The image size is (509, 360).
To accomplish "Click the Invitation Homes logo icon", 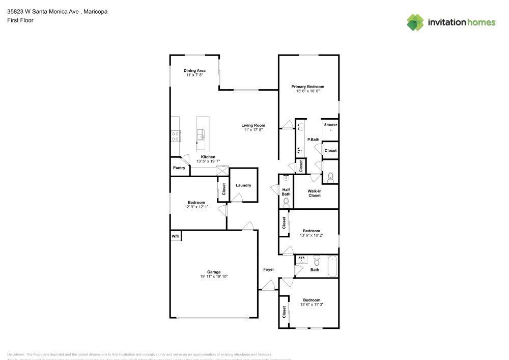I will (x=415, y=22).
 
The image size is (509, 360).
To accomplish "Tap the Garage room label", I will (x=214, y=272).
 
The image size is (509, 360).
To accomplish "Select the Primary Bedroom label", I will (x=307, y=87).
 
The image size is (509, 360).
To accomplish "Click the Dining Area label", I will (x=194, y=70).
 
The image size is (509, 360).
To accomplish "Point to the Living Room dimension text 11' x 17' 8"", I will (x=253, y=130).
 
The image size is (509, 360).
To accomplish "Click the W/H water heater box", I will (x=175, y=236).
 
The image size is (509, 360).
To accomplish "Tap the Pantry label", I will (x=179, y=168).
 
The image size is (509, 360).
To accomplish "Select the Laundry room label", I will (x=243, y=185).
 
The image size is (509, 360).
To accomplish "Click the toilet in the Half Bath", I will (x=286, y=202).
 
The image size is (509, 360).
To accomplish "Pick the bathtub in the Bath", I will (x=332, y=266).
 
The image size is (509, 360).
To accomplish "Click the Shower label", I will (x=330, y=125).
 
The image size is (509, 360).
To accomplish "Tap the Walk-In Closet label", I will (x=315, y=193).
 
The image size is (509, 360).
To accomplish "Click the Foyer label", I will (x=268, y=269).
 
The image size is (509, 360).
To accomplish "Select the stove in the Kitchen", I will (x=176, y=136).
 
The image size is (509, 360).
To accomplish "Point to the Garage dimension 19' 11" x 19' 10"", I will (x=214, y=276).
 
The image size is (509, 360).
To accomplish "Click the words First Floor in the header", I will (x=20, y=20).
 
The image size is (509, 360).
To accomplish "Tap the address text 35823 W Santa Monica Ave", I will (x=43, y=11).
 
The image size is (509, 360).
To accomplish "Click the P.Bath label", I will (x=313, y=140).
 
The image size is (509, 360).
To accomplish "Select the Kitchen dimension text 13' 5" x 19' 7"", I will (x=208, y=161).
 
